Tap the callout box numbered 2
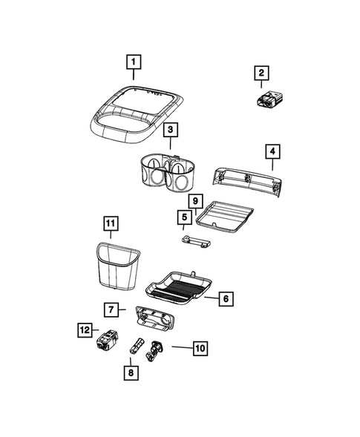[x=261, y=73]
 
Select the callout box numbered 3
[x=170, y=131]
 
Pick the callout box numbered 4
[x=272, y=151]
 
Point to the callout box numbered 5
[x=183, y=217]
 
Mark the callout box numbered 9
[x=194, y=201]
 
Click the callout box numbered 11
[x=110, y=223]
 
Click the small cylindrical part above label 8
[x=137, y=346]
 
